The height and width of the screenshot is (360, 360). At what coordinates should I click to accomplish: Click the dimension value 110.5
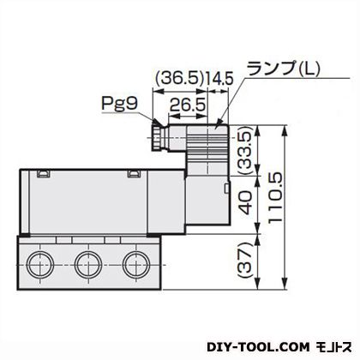(x=275, y=197)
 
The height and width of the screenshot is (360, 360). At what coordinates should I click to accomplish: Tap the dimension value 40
(x=246, y=203)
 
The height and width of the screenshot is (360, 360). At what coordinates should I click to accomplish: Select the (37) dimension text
(x=246, y=261)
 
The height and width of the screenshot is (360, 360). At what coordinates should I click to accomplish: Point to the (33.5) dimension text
(x=246, y=151)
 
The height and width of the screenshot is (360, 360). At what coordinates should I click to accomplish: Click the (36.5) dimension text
(x=180, y=78)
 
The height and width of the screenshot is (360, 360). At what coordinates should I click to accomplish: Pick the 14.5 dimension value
(x=219, y=78)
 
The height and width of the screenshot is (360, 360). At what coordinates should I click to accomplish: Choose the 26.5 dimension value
(x=188, y=105)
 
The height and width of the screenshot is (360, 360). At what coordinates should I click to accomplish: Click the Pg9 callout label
(x=120, y=103)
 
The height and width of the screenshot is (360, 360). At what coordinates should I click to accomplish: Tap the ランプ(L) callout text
(x=283, y=69)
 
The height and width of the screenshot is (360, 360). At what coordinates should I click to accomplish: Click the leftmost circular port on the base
(x=39, y=265)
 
